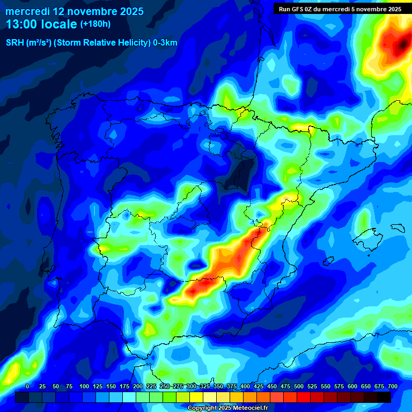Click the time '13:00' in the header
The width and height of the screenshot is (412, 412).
pyautogui.click(x=21, y=24)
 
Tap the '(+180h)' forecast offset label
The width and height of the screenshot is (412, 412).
pyautogui.click(x=95, y=24)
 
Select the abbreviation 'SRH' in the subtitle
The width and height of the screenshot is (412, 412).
pyautogui.click(x=15, y=43)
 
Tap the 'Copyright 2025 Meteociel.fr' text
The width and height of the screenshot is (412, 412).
pyautogui.click(x=227, y=408)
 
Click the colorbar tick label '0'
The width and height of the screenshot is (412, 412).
pyautogui.click(x=27, y=386)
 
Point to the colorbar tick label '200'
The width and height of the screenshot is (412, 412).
pyautogui.click(x=138, y=386)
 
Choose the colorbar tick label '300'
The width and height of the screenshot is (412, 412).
pyautogui.click(x=192, y=386)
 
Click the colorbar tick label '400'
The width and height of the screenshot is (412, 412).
pyautogui.click(x=245, y=386)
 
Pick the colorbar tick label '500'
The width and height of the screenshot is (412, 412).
pyautogui.click(x=299, y=386)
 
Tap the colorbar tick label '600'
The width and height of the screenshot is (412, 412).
pyautogui.click(x=352, y=386)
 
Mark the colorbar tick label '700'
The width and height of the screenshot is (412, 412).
pyautogui.click(x=393, y=386)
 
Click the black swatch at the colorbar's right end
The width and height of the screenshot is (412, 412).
pyautogui.click(x=384, y=397)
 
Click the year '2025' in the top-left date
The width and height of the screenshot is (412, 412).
pyautogui.click(x=127, y=11)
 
